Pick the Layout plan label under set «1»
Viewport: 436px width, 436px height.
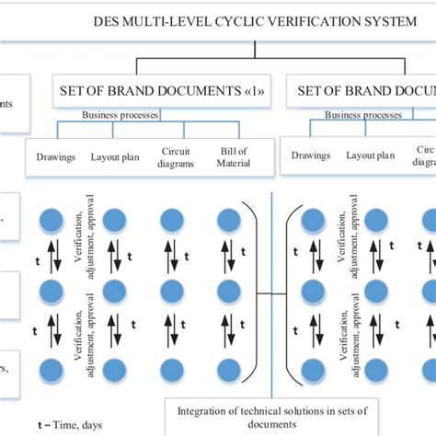[x=114, y=156]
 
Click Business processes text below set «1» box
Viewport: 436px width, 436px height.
[x=120, y=116]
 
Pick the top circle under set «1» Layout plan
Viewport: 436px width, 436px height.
[x=114, y=221]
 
